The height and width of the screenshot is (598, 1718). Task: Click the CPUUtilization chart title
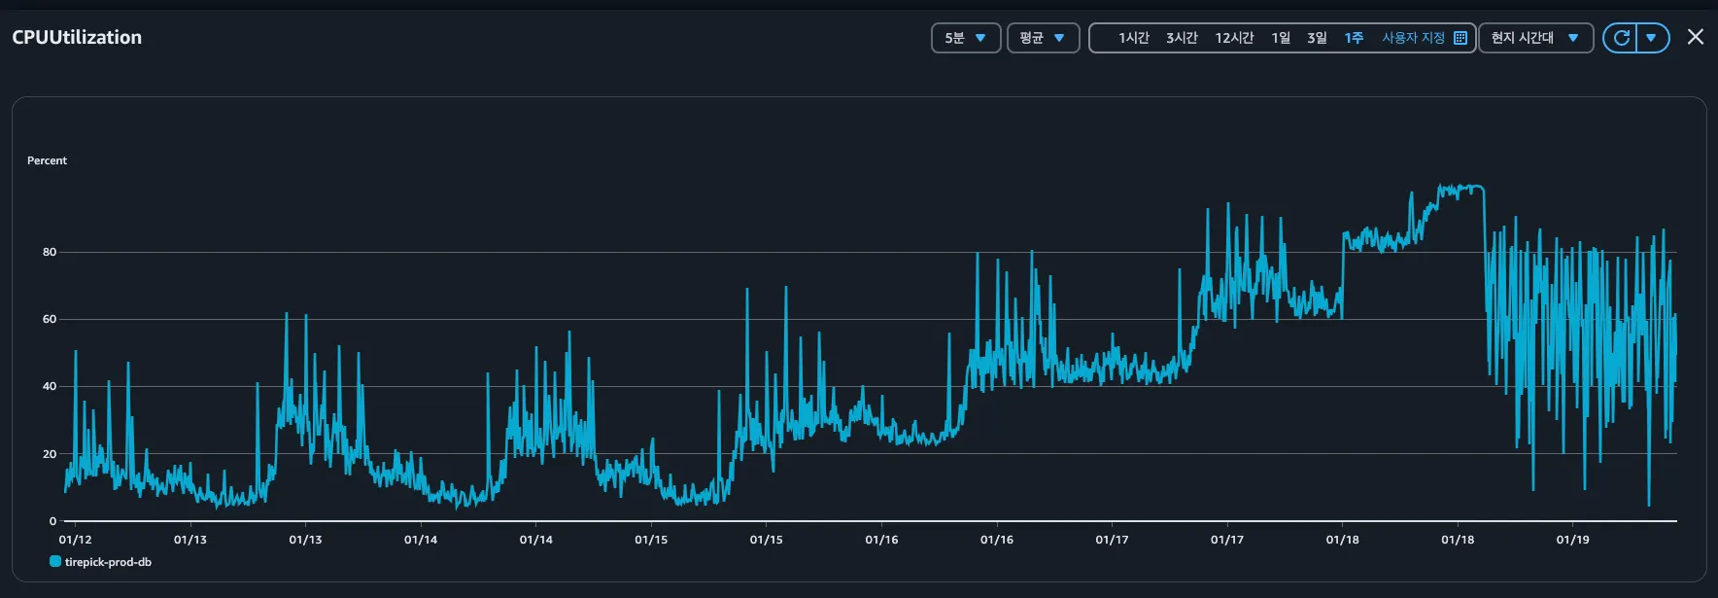tap(77, 37)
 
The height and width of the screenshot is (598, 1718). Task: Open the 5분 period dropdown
tap(965, 38)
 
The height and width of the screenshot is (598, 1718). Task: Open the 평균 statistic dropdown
tap(1043, 38)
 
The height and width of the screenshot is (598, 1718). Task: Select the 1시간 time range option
tap(1133, 38)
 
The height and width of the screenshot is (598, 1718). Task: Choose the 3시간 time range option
tap(1182, 38)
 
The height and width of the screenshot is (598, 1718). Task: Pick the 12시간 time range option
tap(1234, 38)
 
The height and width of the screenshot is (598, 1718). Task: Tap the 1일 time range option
tap(1281, 38)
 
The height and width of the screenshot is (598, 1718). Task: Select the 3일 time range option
tap(1317, 38)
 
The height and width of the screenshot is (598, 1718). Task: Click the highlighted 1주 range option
tap(1354, 38)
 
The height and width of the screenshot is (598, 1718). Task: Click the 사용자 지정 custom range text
tap(1414, 38)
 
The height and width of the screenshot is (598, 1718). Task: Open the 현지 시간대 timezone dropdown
tap(1535, 38)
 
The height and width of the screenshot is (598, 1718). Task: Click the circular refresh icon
tap(1621, 38)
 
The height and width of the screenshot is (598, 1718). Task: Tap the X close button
tap(1696, 37)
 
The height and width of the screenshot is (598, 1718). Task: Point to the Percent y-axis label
tap(47, 160)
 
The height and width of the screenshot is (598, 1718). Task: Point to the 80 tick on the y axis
tap(50, 252)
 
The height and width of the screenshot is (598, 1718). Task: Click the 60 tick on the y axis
tap(50, 319)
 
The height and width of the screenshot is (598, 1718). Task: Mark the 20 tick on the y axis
tap(50, 454)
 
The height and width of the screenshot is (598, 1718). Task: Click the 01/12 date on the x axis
tap(75, 540)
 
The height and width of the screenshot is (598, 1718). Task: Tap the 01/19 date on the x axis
tap(1572, 540)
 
